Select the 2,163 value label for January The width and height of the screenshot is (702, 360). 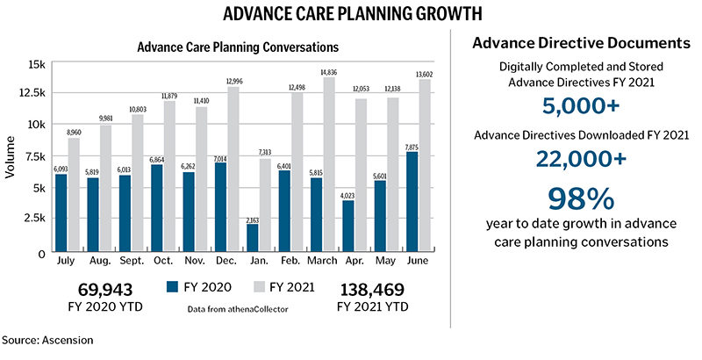pos(253,220)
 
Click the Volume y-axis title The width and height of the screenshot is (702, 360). pos(11,158)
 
